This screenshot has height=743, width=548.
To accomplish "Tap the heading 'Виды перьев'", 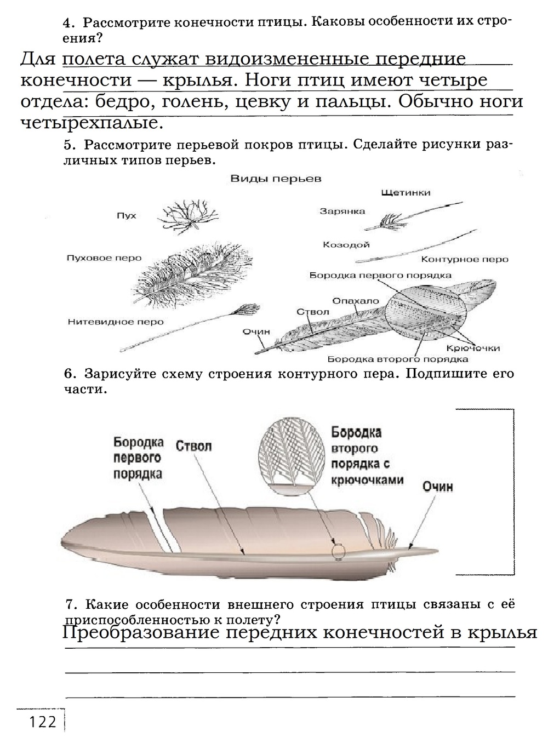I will pyautogui.click(x=275, y=179).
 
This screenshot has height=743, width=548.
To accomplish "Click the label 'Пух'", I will pyautogui.click(x=126, y=216).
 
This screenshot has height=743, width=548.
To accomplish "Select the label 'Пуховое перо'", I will pyautogui.click(x=104, y=258).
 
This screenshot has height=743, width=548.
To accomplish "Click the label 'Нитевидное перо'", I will pyautogui.click(x=116, y=322).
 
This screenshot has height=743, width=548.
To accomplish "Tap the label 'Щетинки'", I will pyautogui.click(x=404, y=193).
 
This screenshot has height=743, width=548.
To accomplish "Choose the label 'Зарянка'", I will pyautogui.click(x=342, y=212).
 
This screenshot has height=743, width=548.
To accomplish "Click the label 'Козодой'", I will pyautogui.click(x=346, y=245).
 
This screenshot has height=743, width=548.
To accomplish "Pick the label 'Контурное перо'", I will pyautogui.click(x=465, y=259).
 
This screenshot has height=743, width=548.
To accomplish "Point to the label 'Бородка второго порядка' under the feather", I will pyautogui.click(x=397, y=360).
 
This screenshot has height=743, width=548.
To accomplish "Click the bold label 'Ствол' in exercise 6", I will pyautogui.click(x=193, y=446).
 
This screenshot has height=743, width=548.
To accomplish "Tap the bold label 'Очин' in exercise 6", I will pyautogui.click(x=437, y=487).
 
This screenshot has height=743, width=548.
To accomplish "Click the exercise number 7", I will pyautogui.click(x=70, y=605).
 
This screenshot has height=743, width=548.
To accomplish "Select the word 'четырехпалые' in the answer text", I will pyautogui.click(x=92, y=124).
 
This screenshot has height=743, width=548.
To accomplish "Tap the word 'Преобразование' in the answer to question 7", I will pyautogui.click(x=138, y=633).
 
